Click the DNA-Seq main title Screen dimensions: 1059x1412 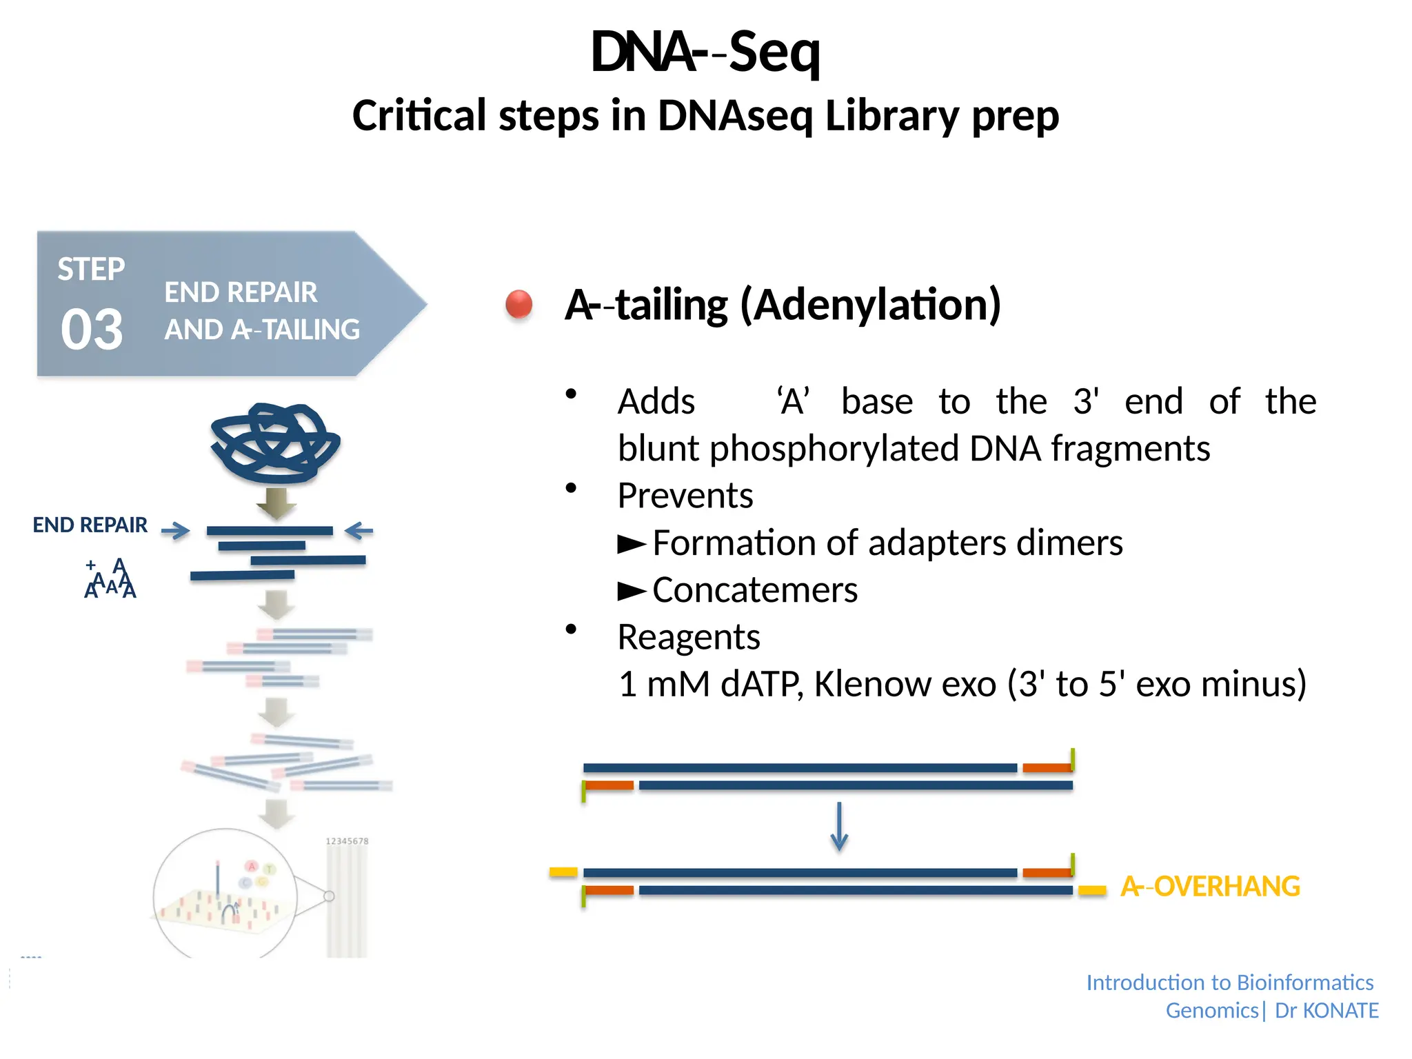(705, 52)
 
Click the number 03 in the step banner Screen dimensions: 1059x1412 (92, 330)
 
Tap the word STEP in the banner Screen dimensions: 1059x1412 (91, 269)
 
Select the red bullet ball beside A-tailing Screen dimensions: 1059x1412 (518, 304)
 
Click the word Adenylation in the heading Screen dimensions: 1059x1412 (870, 304)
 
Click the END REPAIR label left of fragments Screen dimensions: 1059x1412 (90, 525)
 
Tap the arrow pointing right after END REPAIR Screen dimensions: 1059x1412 (175, 530)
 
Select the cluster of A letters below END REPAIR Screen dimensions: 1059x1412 (110, 579)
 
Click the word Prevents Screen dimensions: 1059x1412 (685, 496)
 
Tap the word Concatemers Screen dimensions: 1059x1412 (754, 590)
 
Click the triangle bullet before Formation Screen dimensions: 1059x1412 (631, 544)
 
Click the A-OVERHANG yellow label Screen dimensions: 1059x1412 (1210, 886)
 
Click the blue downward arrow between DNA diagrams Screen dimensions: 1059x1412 (839, 826)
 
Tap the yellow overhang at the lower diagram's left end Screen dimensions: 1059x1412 (563, 872)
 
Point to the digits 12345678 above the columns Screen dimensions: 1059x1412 (347, 841)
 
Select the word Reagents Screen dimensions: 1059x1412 (688, 637)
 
